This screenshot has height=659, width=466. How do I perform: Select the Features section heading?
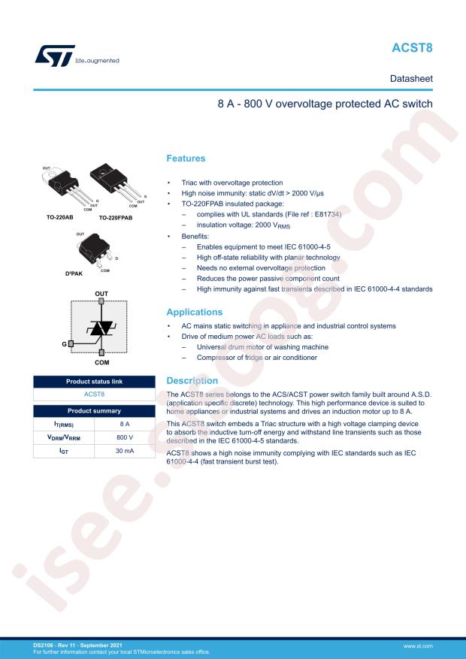tap(185, 159)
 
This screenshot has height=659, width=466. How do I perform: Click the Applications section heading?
tap(194, 311)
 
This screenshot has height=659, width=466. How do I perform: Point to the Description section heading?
tap(192, 381)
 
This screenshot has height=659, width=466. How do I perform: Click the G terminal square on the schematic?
tap(71, 343)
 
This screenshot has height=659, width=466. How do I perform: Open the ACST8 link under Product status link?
tap(94, 394)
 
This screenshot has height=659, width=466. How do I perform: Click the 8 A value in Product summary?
tap(125, 424)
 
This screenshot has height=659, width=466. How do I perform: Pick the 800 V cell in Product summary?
tap(125, 437)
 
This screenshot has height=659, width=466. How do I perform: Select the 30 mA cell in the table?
tap(125, 451)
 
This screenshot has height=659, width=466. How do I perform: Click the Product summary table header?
tap(94, 410)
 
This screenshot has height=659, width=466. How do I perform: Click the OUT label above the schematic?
tap(101, 292)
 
